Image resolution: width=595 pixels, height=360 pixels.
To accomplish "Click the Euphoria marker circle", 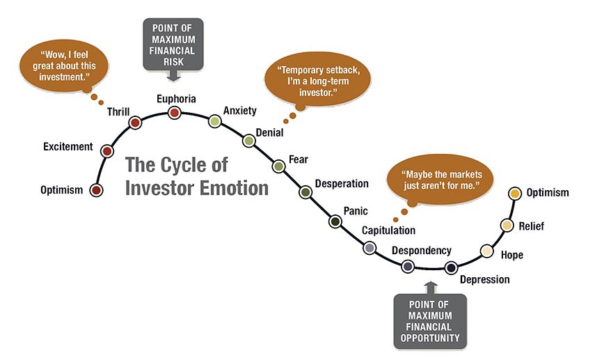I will (175, 112).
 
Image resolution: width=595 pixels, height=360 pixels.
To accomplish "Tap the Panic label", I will (355, 210).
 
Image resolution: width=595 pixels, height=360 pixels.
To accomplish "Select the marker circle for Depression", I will (451, 267).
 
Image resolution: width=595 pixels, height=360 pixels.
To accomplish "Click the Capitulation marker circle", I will (370, 247).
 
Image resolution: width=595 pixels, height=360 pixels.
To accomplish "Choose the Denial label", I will (269, 132).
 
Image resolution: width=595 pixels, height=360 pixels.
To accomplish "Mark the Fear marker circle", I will (278, 166).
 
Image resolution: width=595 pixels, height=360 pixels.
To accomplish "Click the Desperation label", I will (341, 184).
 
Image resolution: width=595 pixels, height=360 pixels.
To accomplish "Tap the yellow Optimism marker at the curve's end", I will (514, 193).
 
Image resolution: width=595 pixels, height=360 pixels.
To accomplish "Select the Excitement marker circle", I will (106, 150).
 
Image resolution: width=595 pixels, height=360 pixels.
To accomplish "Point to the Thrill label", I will (118, 111).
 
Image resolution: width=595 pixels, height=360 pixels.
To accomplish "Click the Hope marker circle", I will (486, 251).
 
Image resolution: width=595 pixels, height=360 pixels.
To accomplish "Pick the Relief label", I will (531, 226).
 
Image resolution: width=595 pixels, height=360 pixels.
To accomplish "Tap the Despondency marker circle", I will (408, 265).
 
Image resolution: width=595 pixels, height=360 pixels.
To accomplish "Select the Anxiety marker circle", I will (215, 121).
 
